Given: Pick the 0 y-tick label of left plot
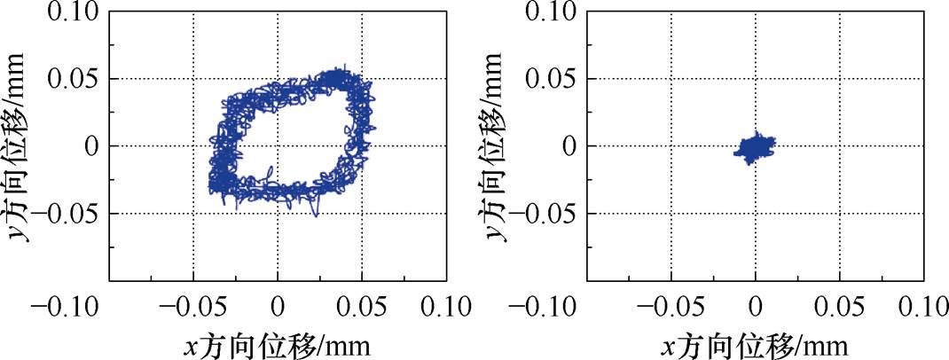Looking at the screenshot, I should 92,146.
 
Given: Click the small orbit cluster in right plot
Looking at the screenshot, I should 754,146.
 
